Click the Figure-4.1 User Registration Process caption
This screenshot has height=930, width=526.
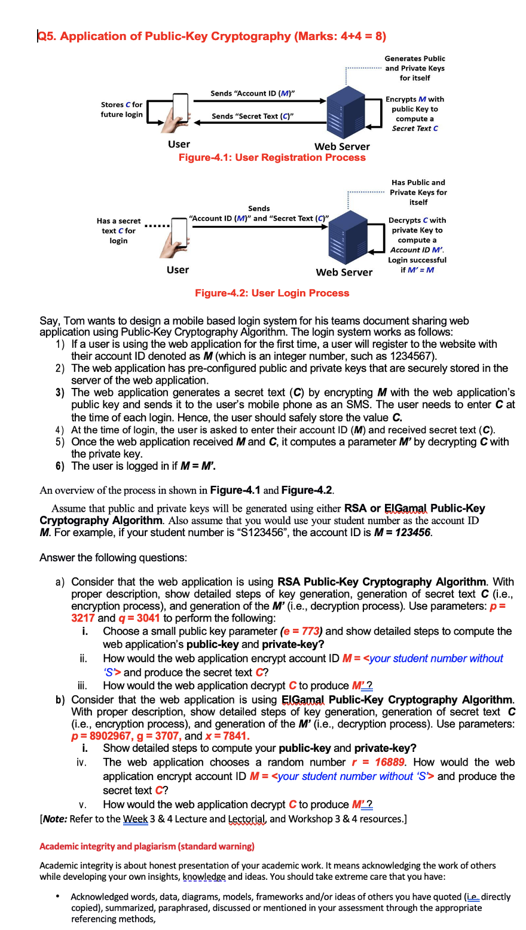272,158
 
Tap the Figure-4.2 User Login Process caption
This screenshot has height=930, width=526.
272,293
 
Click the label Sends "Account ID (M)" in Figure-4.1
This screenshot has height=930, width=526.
252,93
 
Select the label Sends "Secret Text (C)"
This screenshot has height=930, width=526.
252,116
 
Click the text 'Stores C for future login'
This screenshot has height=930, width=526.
122,109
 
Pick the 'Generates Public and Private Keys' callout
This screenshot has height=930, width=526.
415,68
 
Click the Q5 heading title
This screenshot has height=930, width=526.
212,36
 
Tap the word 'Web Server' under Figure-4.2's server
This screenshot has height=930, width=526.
344,273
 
